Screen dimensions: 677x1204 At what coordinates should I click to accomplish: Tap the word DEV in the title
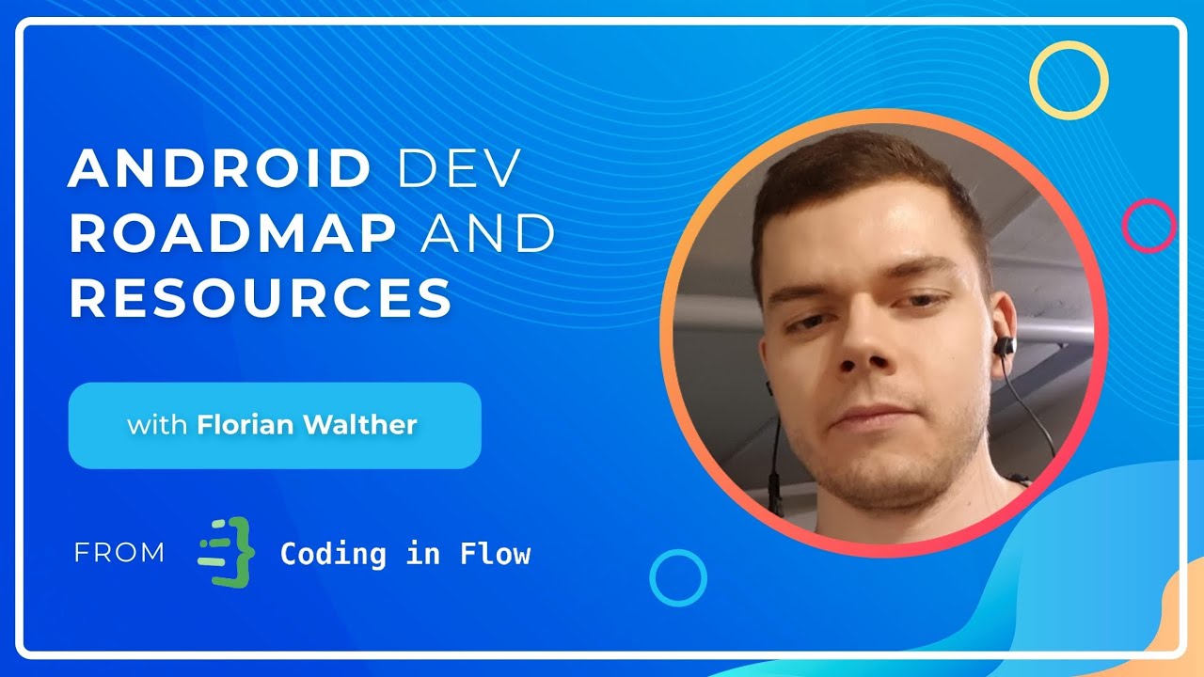pyautogui.click(x=459, y=170)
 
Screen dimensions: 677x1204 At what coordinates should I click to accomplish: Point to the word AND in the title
pyautogui.click(x=487, y=234)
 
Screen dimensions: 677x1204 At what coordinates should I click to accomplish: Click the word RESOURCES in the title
pyautogui.click(x=261, y=298)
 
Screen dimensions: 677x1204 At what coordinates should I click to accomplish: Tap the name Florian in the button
pyautogui.click(x=247, y=425)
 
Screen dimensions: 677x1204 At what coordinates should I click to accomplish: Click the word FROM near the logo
pyautogui.click(x=119, y=553)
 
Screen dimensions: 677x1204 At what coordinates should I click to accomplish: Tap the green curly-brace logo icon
pyautogui.click(x=227, y=552)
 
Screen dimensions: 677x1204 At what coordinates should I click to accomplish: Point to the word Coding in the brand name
pyautogui.click(x=333, y=554)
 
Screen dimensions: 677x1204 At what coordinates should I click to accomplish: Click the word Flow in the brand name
pyautogui.click(x=495, y=554)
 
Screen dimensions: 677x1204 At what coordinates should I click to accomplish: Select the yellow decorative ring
pyautogui.click(x=1069, y=81)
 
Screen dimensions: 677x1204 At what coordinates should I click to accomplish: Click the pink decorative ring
pyautogui.click(x=1149, y=226)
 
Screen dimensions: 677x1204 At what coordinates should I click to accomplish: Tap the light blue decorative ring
pyautogui.click(x=678, y=577)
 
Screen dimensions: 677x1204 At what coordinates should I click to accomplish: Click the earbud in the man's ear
pyautogui.click(x=1004, y=345)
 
